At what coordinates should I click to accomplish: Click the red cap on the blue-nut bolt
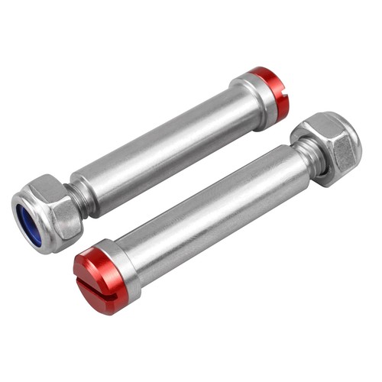[274, 92]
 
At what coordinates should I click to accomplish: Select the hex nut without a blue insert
[329, 145]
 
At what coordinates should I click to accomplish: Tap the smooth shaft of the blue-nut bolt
[168, 145]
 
